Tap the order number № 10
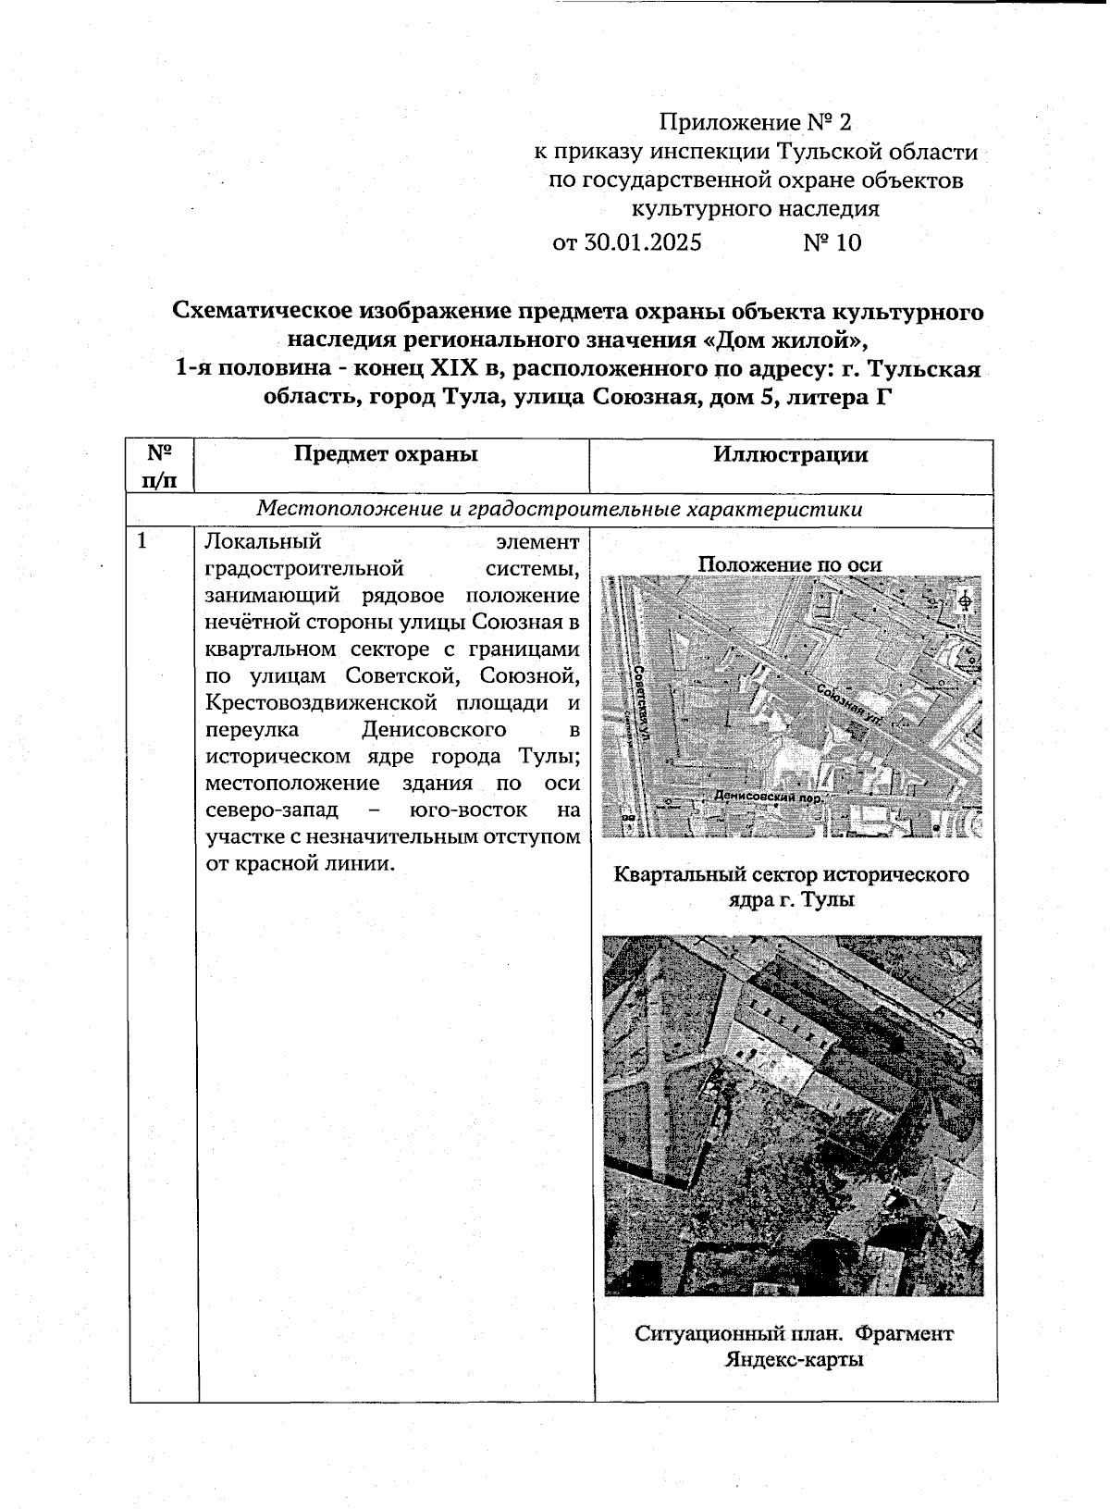coord(832,243)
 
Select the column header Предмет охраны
coord(386,454)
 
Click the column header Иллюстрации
coord(790,454)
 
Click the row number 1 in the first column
coord(142,542)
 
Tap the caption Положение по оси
coord(789,564)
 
